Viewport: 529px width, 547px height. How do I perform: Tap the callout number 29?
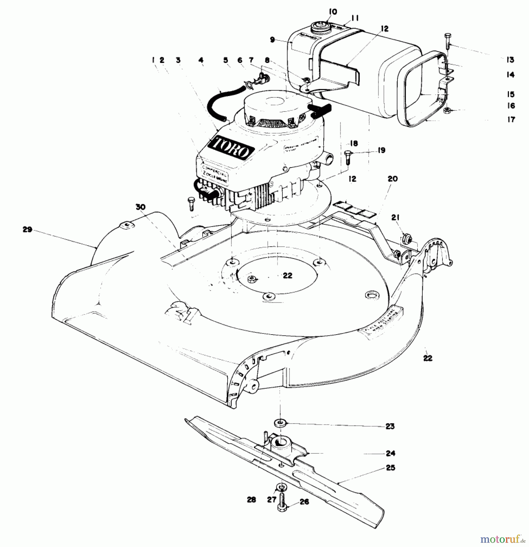click(27, 229)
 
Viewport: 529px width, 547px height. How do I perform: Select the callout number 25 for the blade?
click(390, 467)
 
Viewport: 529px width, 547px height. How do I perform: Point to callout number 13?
click(510, 60)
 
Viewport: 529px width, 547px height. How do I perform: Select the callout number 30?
click(140, 207)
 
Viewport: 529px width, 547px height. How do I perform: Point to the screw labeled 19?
click(348, 157)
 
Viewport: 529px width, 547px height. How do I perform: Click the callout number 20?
click(393, 179)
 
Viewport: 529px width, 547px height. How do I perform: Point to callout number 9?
click(272, 40)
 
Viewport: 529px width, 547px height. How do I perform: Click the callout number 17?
click(511, 119)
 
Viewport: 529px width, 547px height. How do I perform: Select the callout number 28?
click(251, 500)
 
